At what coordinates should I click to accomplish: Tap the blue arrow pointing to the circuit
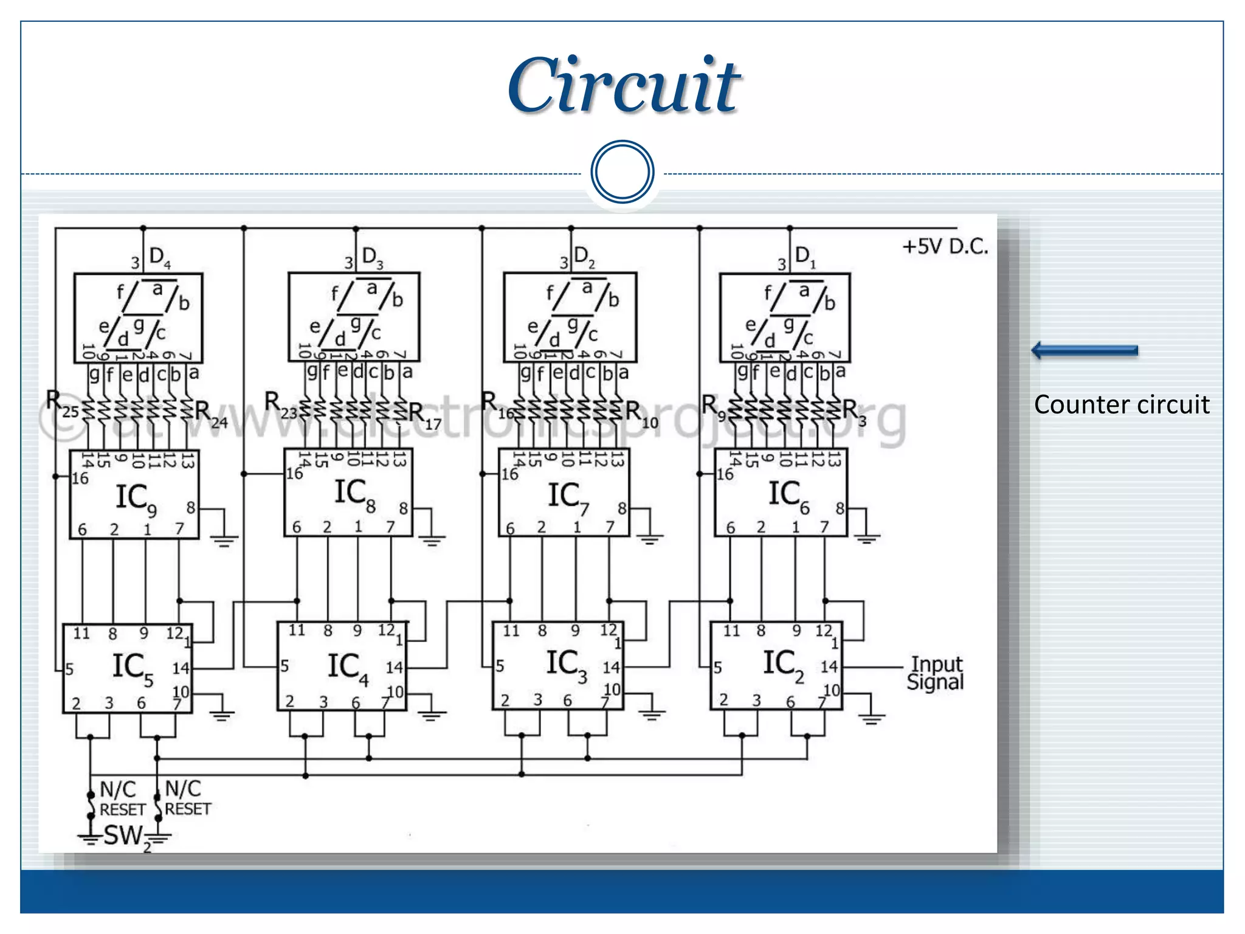click(x=1085, y=350)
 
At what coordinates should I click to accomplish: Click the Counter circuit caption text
click(x=1122, y=404)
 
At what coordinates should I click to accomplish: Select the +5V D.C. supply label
click(x=945, y=246)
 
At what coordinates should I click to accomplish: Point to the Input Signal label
click(x=936, y=673)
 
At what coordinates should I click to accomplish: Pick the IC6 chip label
click(x=788, y=495)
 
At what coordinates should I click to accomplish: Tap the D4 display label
click(x=160, y=257)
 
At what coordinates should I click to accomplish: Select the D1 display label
click(x=805, y=256)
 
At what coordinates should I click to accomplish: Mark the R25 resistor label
click(x=61, y=404)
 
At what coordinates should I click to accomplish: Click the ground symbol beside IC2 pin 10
click(x=871, y=718)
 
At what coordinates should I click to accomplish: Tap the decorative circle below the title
click(x=622, y=172)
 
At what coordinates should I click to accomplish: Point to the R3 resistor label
click(x=853, y=412)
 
